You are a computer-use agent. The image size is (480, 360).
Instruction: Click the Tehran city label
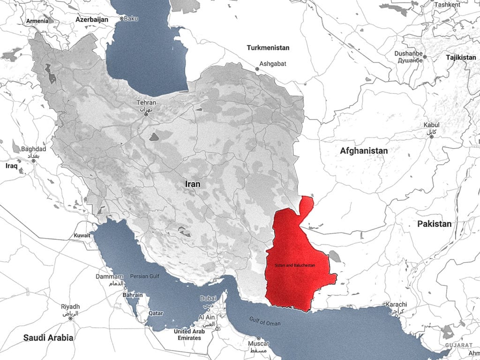[146, 102]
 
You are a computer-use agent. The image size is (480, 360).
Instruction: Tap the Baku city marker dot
[121, 19]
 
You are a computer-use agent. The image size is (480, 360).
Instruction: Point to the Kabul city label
[431, 125]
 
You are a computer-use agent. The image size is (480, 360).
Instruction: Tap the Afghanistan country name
[364, 151]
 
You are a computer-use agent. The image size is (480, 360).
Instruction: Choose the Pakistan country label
[434, 224]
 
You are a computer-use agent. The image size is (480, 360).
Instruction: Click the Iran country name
[193, 184]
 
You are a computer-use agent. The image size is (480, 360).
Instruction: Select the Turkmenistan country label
[268, 47]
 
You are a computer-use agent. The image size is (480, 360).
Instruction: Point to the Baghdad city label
[33, 149]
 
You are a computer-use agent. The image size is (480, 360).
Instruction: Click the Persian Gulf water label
[145, 276]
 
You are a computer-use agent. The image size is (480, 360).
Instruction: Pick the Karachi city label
[396, 305]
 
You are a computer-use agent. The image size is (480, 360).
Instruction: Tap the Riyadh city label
[70, 307]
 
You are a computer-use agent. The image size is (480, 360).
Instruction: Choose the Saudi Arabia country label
[49, 337]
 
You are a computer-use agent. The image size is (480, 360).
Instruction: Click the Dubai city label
[208, 298]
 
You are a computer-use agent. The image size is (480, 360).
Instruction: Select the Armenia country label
[37, 21]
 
